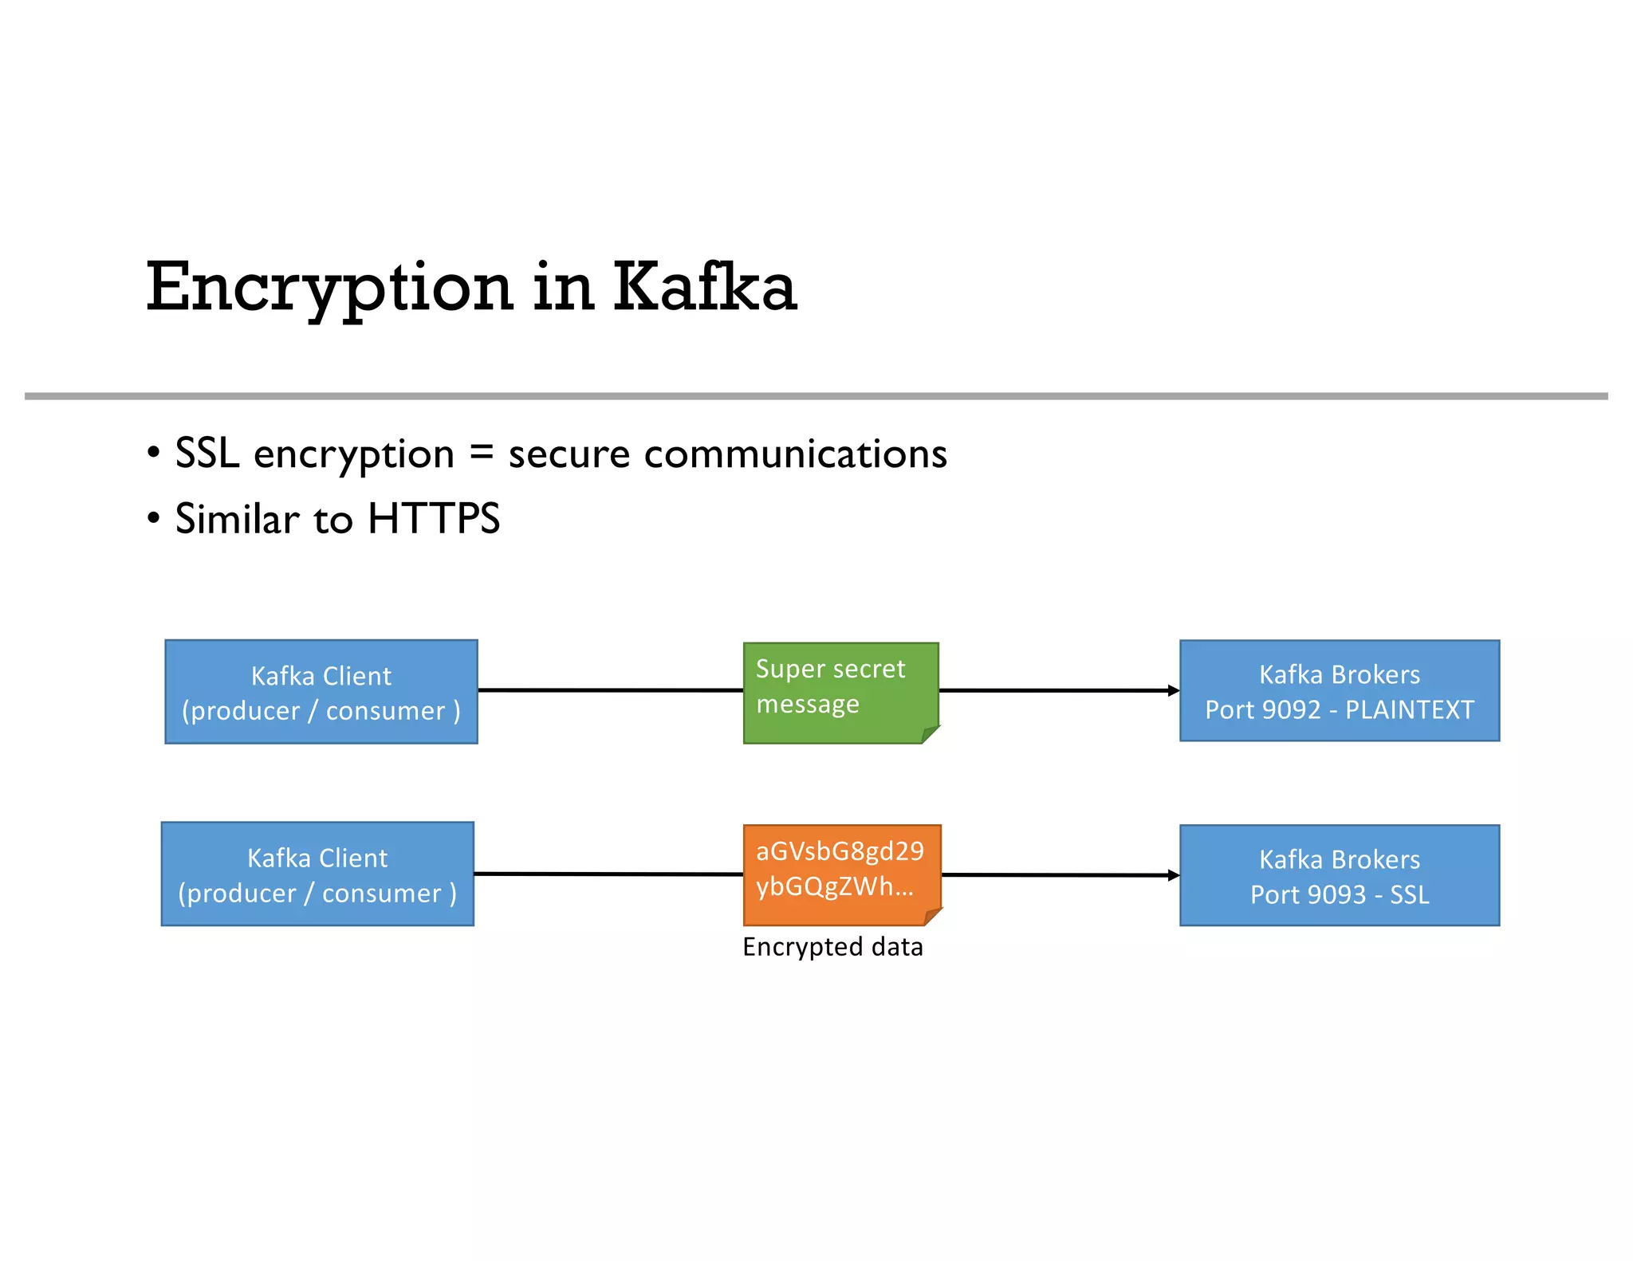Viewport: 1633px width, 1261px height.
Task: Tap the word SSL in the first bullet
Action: coord(207,454)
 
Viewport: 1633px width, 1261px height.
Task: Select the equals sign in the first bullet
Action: coord(481,453)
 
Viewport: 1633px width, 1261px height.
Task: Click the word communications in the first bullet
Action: coord(795,454)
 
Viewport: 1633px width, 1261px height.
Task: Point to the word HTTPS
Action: coord(434,519)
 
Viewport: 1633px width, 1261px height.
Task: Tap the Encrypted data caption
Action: coord(832,947)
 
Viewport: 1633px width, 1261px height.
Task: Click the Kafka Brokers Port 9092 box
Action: coord(1339,691)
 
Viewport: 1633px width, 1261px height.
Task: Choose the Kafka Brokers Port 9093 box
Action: coord(1339,875)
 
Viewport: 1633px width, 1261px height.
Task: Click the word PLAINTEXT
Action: coord(1409,709)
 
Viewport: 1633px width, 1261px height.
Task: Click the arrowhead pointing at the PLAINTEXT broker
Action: coord(1173,691)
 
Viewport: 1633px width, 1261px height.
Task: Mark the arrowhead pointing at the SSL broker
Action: coord(1173,875)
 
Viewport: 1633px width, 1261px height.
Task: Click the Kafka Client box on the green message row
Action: coord(321,692)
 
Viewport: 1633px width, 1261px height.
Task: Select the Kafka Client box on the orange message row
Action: coord(317,874)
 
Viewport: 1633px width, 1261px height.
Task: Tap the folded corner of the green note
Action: coord(929,734)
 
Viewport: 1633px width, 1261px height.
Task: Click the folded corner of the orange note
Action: coord(931,916)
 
